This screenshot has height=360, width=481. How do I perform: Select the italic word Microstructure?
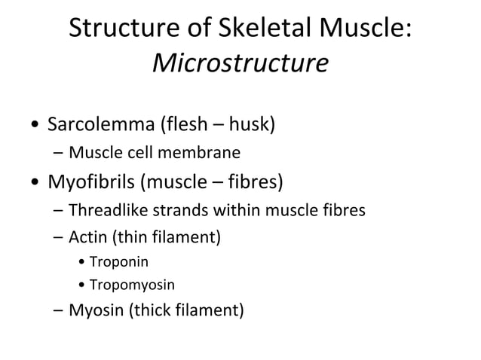coord(240,63)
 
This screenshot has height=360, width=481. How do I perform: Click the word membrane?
coord(204,154)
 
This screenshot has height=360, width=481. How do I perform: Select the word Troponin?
coord(119,263)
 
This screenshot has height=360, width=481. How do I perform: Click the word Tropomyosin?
coord(132,285)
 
